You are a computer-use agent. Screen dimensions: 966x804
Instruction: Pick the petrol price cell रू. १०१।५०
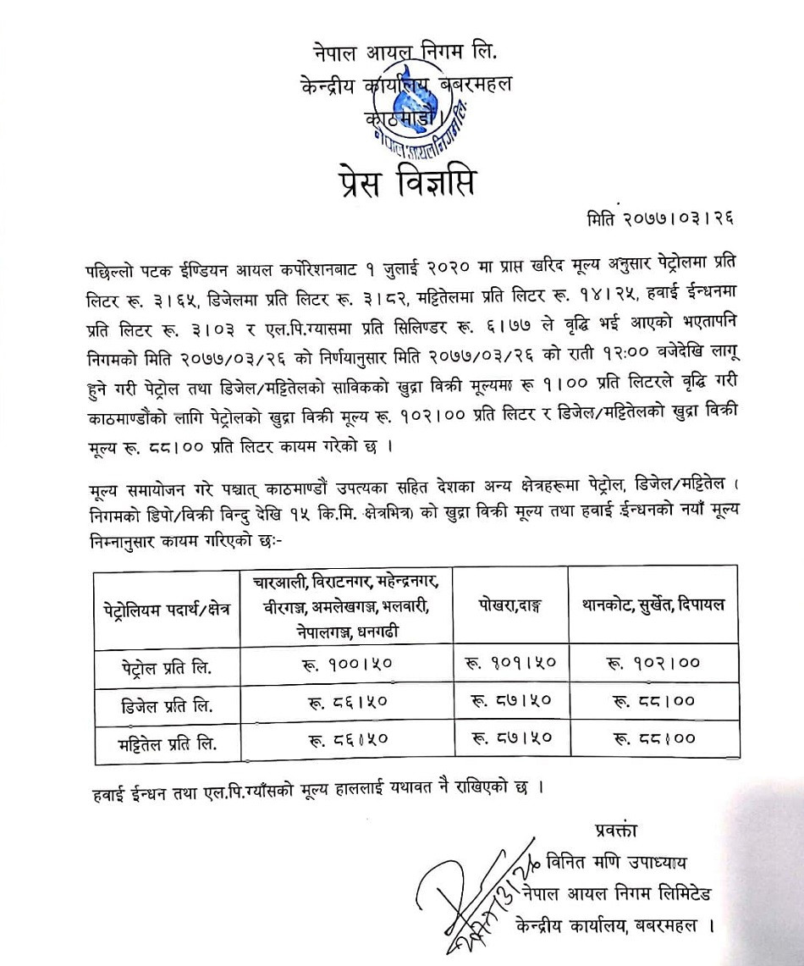[509, 667]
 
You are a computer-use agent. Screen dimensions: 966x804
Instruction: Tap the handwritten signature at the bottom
[474, 902]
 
